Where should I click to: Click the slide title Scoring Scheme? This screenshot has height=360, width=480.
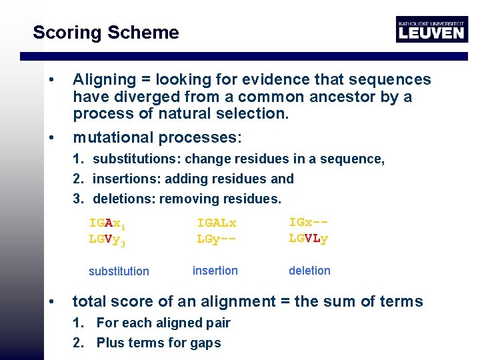(106, 32)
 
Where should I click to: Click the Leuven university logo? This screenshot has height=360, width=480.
(431, 29)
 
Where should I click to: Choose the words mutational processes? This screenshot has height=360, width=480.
(157, 138)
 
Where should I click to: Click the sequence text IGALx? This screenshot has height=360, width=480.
(217, 223)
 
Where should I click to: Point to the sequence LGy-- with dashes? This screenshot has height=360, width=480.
(217, 238)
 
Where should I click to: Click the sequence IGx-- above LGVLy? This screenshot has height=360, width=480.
(309, 223)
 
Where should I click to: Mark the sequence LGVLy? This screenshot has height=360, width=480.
(309, 237)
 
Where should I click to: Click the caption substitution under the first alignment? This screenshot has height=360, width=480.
(119, 271)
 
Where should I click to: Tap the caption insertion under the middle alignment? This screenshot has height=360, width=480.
(215, 271)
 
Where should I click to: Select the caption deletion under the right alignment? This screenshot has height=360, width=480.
(309, 271)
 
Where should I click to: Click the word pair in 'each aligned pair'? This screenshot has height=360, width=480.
(217, 323)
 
